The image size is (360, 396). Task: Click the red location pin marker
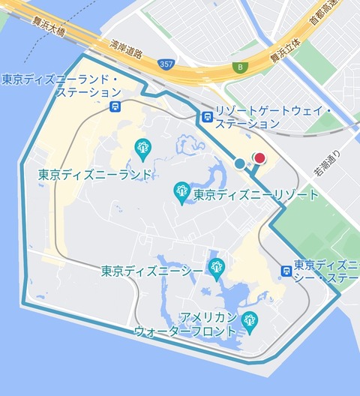point(260,157)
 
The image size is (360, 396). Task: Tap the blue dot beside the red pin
point(239,163)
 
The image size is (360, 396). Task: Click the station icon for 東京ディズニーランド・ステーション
point(115,106)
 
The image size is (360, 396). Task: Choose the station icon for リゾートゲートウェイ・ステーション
point(206,116)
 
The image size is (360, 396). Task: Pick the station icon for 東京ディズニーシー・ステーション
point(286,271)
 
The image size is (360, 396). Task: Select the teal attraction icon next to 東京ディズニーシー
point(217,266)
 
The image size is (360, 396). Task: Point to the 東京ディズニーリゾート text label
point(256,195)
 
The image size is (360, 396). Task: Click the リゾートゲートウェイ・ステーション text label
point(273,117)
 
